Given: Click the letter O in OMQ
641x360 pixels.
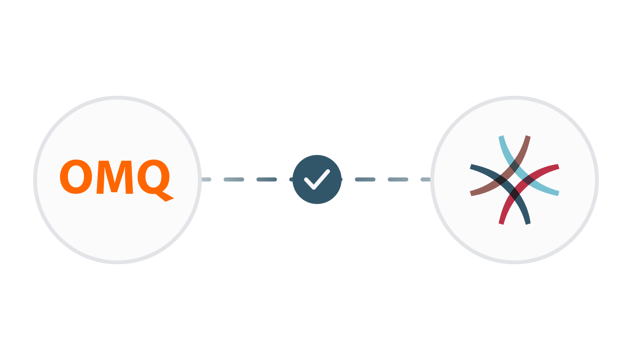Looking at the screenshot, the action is tap(76, 177).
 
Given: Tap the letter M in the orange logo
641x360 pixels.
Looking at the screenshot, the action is tap(115, 177).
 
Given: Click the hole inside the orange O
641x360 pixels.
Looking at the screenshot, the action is tap(76, 177).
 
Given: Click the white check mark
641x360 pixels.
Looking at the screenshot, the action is tap(317, 180).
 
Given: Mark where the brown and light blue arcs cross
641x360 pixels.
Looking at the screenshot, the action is tap(515, 166).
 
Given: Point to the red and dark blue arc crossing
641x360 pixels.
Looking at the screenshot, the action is tap(515, 194).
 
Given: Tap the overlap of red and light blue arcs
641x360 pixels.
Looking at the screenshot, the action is tap(529, 180).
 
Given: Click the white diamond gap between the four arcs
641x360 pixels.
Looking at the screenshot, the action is tap(515, 180).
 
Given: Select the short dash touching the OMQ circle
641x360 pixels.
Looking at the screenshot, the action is tap(206, 180).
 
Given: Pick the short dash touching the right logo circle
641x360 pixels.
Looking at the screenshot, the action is tap(426, 180).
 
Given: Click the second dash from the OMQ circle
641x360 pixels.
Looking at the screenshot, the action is tap(234, 180).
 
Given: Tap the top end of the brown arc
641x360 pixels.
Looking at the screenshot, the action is tap(528, 136).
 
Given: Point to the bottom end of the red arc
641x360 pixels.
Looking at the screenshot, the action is tap(501, 223).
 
